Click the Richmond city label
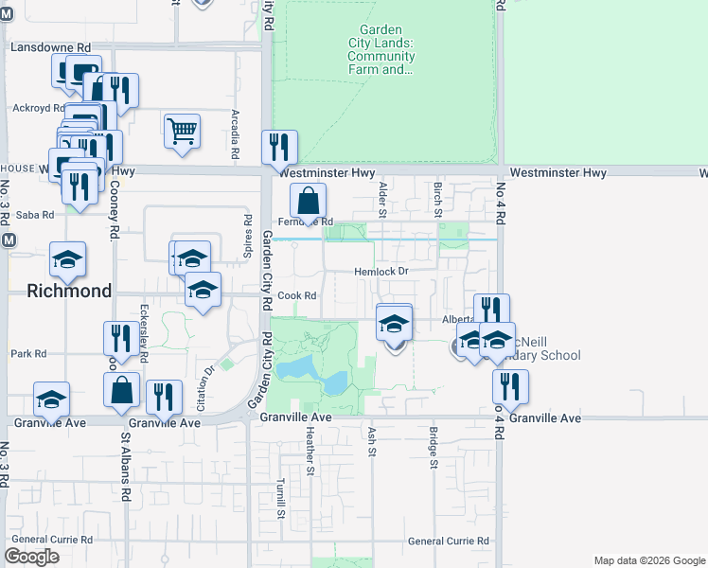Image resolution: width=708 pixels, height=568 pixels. [69, 291]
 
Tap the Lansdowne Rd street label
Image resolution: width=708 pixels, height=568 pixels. [50, 46]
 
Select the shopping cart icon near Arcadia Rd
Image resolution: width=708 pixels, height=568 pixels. [182, 131]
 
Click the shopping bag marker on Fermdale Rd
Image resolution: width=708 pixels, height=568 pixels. [308, 202]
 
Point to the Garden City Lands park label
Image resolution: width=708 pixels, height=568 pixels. [381, 49]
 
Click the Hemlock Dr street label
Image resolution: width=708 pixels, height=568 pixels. [381, 271]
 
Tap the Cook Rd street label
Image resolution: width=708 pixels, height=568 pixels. [296, 295]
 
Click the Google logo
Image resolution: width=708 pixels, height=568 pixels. [32, 556]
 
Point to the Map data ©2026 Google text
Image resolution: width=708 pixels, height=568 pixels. [648, 560]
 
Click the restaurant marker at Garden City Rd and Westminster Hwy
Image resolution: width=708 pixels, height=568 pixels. [279, 148]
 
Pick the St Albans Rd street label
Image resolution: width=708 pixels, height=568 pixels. [125, 469]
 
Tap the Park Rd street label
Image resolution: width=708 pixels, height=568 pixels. [28, 354]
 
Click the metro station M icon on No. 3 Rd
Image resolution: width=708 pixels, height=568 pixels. [9, 240]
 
